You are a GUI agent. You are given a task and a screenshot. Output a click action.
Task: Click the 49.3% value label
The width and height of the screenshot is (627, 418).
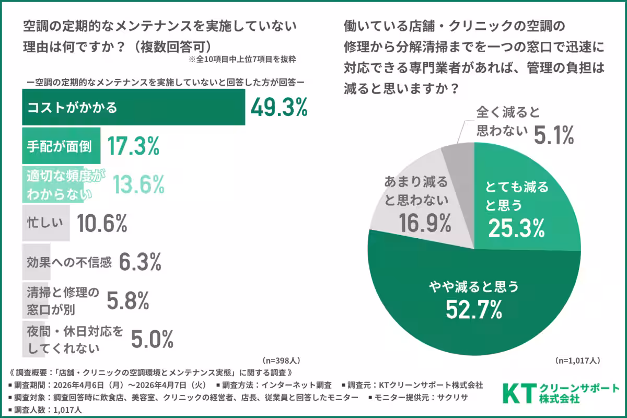pyautogui.click(x=278, y=108)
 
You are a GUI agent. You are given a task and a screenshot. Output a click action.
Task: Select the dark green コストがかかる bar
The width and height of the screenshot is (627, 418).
pyautogui.click(x=133, y=108)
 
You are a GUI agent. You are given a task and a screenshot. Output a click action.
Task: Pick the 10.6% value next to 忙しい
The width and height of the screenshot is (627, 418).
pyautogui.click(x=102, y=224)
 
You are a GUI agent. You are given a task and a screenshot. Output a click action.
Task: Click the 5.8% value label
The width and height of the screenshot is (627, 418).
pyautogui.click(x=129, y=300)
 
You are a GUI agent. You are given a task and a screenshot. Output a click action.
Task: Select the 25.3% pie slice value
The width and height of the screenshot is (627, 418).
pyautogui.click(x=517, y=227)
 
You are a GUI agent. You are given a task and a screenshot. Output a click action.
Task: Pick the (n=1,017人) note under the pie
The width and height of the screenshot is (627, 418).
pyautogui.click(x=578, y=361)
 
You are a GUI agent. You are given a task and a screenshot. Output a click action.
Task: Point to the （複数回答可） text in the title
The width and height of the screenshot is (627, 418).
pyautogui.click(x=172, y=46)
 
